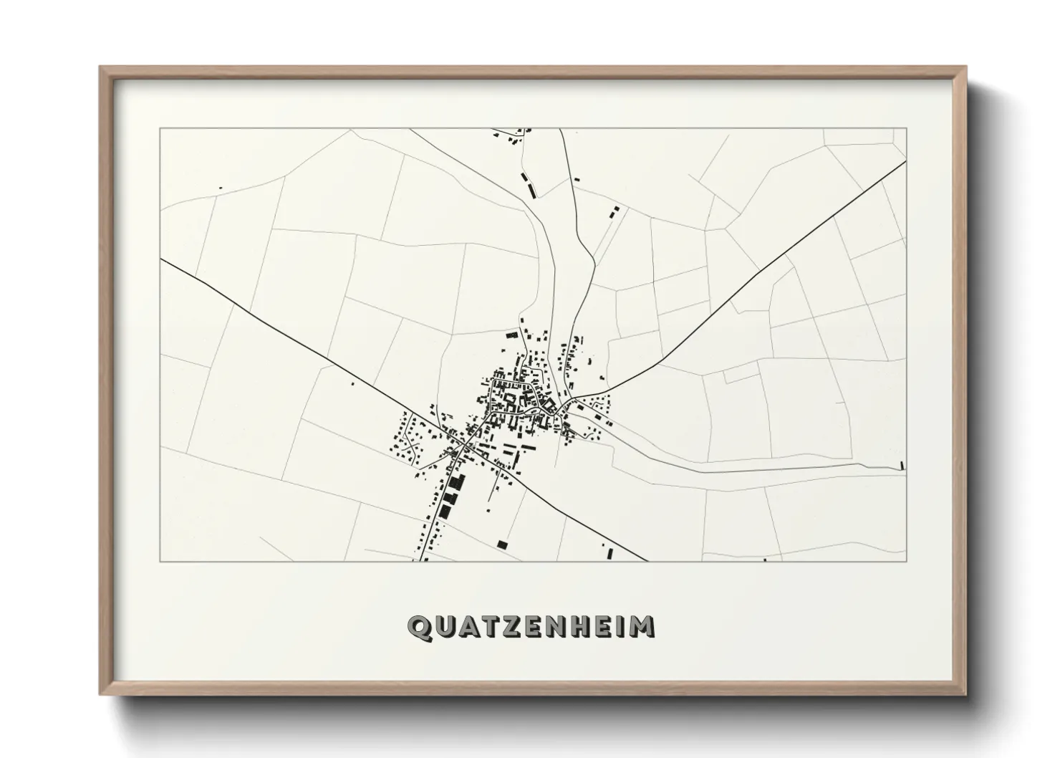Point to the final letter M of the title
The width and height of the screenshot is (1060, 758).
pyautogui.click(x=643, y=627)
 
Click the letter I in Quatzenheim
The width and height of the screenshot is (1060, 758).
pyautogui.click(x=620, y=627)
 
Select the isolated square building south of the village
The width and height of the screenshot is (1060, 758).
pyautogui.click(x=502, y=544)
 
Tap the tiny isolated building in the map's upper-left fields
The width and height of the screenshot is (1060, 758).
pyautogui.click(x=221, y=188)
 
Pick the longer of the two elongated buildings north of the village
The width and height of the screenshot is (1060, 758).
pyautogui.click(x=531, y=188)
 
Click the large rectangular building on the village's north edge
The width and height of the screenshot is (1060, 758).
pyautogui.click(x=511, y=335)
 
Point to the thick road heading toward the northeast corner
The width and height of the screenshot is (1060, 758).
pyautogui.click(x=788, y=251)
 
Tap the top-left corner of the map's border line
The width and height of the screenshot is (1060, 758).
pyautogui.click(x=160, y=128)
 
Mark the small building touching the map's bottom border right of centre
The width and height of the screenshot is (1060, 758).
pyautogui.click(x=765, y=560)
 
